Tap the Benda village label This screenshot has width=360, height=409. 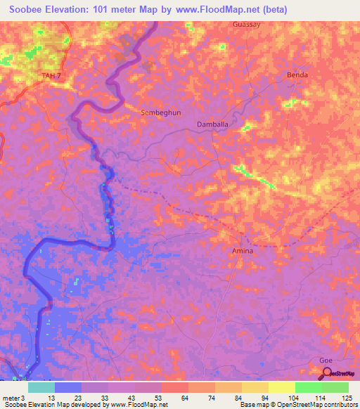297,74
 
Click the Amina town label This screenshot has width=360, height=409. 243,250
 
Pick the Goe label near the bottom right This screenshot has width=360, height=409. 324,359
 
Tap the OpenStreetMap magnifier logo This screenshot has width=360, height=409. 324,372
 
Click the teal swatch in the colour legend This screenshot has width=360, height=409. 41,387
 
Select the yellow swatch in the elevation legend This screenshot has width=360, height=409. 281,387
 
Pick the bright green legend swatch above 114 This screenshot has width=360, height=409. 308,387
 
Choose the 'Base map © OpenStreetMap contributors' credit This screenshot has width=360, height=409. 298,405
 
